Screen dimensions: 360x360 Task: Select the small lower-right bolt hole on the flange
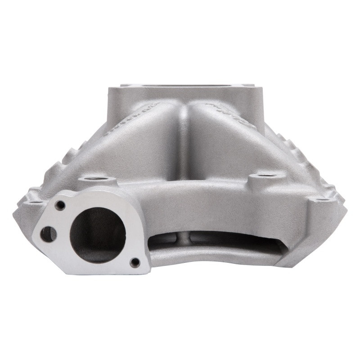134,262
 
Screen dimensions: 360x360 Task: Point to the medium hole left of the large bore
48,234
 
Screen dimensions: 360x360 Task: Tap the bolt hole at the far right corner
320,199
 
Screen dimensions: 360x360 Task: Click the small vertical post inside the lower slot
185,238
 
